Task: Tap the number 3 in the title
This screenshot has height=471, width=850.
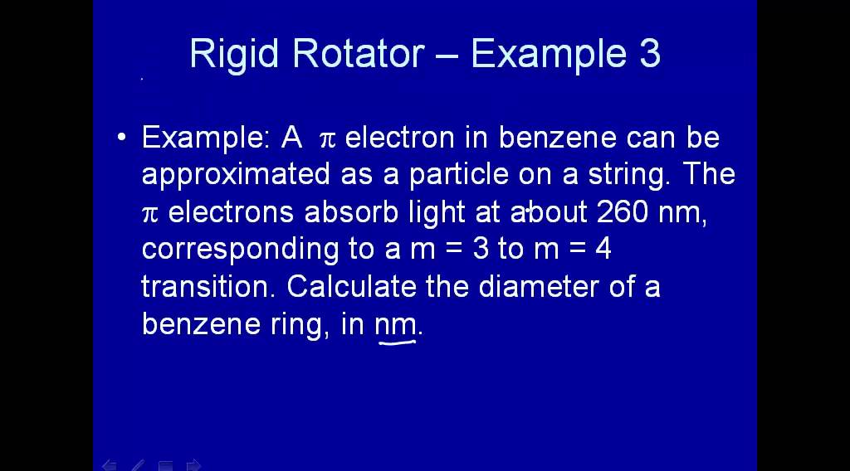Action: pyautogui.click(x=650, y=54)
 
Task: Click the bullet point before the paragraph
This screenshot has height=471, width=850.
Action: pyautogui.click(x=123, y=138)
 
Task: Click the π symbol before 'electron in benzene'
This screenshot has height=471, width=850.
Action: pyautogui.click(x=326, y=139)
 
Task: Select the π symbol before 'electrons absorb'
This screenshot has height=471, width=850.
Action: pyautogui.click(x=149, y=214)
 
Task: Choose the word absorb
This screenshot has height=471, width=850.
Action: pyautogui.click(x=353, y=212)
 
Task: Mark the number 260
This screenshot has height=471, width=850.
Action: pyautogui.click(x=623, y=212)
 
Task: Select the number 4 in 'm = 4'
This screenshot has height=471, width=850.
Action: pyautogui.click(x=603, y=250)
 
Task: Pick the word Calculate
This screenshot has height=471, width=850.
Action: pyautogui.click(x=352, y=287)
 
